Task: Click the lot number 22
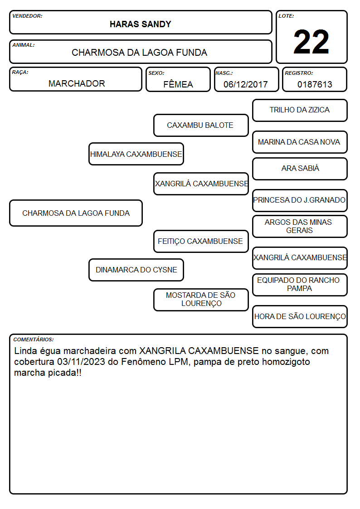tap(311, 42)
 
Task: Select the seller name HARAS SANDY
tap(140, 24)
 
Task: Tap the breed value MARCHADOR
tap(77, 84)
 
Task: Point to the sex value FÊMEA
tap(178, 84)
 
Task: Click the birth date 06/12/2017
tap(245, 84)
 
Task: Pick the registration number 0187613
tap(315, 84)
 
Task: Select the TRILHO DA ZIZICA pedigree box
tap(300, 111)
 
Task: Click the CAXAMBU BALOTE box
tap(201, 125)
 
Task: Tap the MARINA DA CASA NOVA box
tap(300, 142)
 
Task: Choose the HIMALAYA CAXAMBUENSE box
tap(136, 154)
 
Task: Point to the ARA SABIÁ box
tap(300, 169)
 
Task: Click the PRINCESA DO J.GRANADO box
tap(300, 200)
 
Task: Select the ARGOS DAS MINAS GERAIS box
tap(300, 226)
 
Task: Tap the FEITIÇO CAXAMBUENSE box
tap(201, 241)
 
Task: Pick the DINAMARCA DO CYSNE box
tap(136, 270)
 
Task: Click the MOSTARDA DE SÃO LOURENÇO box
tap(201, 300)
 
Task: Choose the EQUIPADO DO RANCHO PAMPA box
tap(300, 285)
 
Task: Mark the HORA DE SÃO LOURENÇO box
tap(300, 316)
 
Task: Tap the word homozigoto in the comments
tap(286, 362)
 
